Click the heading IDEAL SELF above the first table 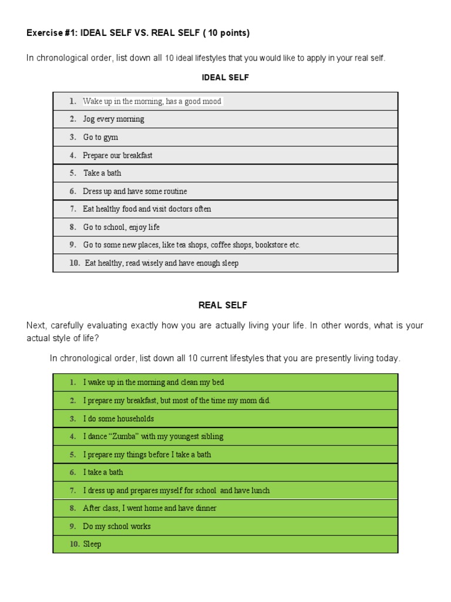click(225, 78)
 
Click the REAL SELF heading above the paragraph click(223, 305)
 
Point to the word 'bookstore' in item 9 click(271, 245)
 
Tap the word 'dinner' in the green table click(205, 509)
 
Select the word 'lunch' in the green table click(259, 490)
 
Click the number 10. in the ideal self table click(75, 263)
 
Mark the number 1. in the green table click(73, 383)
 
